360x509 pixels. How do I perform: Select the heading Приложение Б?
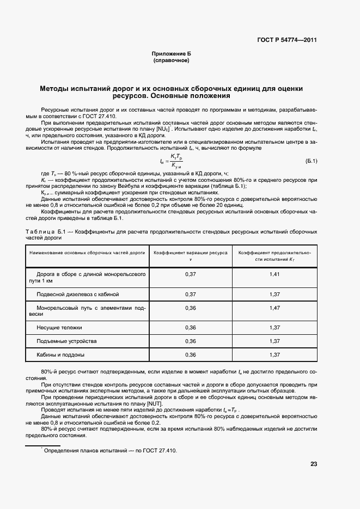[x=172, y=54]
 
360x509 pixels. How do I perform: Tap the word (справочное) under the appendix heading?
[x=172, y=60]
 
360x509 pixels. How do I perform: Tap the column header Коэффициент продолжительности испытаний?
[x=274, y=256]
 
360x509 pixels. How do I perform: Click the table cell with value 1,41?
[x=274, y=274]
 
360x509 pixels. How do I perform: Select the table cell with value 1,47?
[x=274, y=308]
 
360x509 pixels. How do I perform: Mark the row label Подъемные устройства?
[x=66, y=341]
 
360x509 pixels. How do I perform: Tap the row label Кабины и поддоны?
[x=60, y=355]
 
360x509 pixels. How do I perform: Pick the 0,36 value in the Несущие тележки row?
[x=190, y=328]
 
